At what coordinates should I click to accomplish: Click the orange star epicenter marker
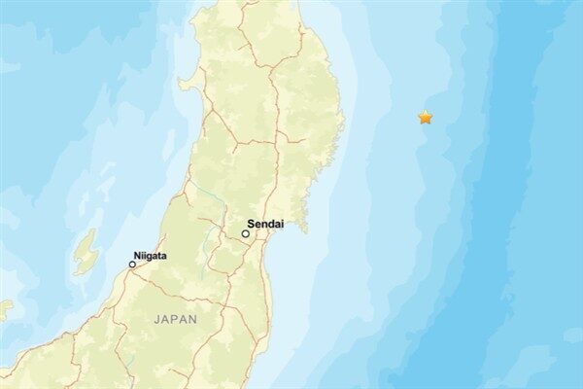tap(425, 118)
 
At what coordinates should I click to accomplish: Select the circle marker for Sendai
tap(246, 233)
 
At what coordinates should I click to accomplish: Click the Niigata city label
tap(151, 256)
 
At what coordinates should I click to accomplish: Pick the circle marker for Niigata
tap(132, 265)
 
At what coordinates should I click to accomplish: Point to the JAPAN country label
tap(175, 319)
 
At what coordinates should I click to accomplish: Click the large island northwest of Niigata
tap(86, 252)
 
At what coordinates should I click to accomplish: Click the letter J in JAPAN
tap(156, 319)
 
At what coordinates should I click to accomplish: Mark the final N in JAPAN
tap(192, 319)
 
